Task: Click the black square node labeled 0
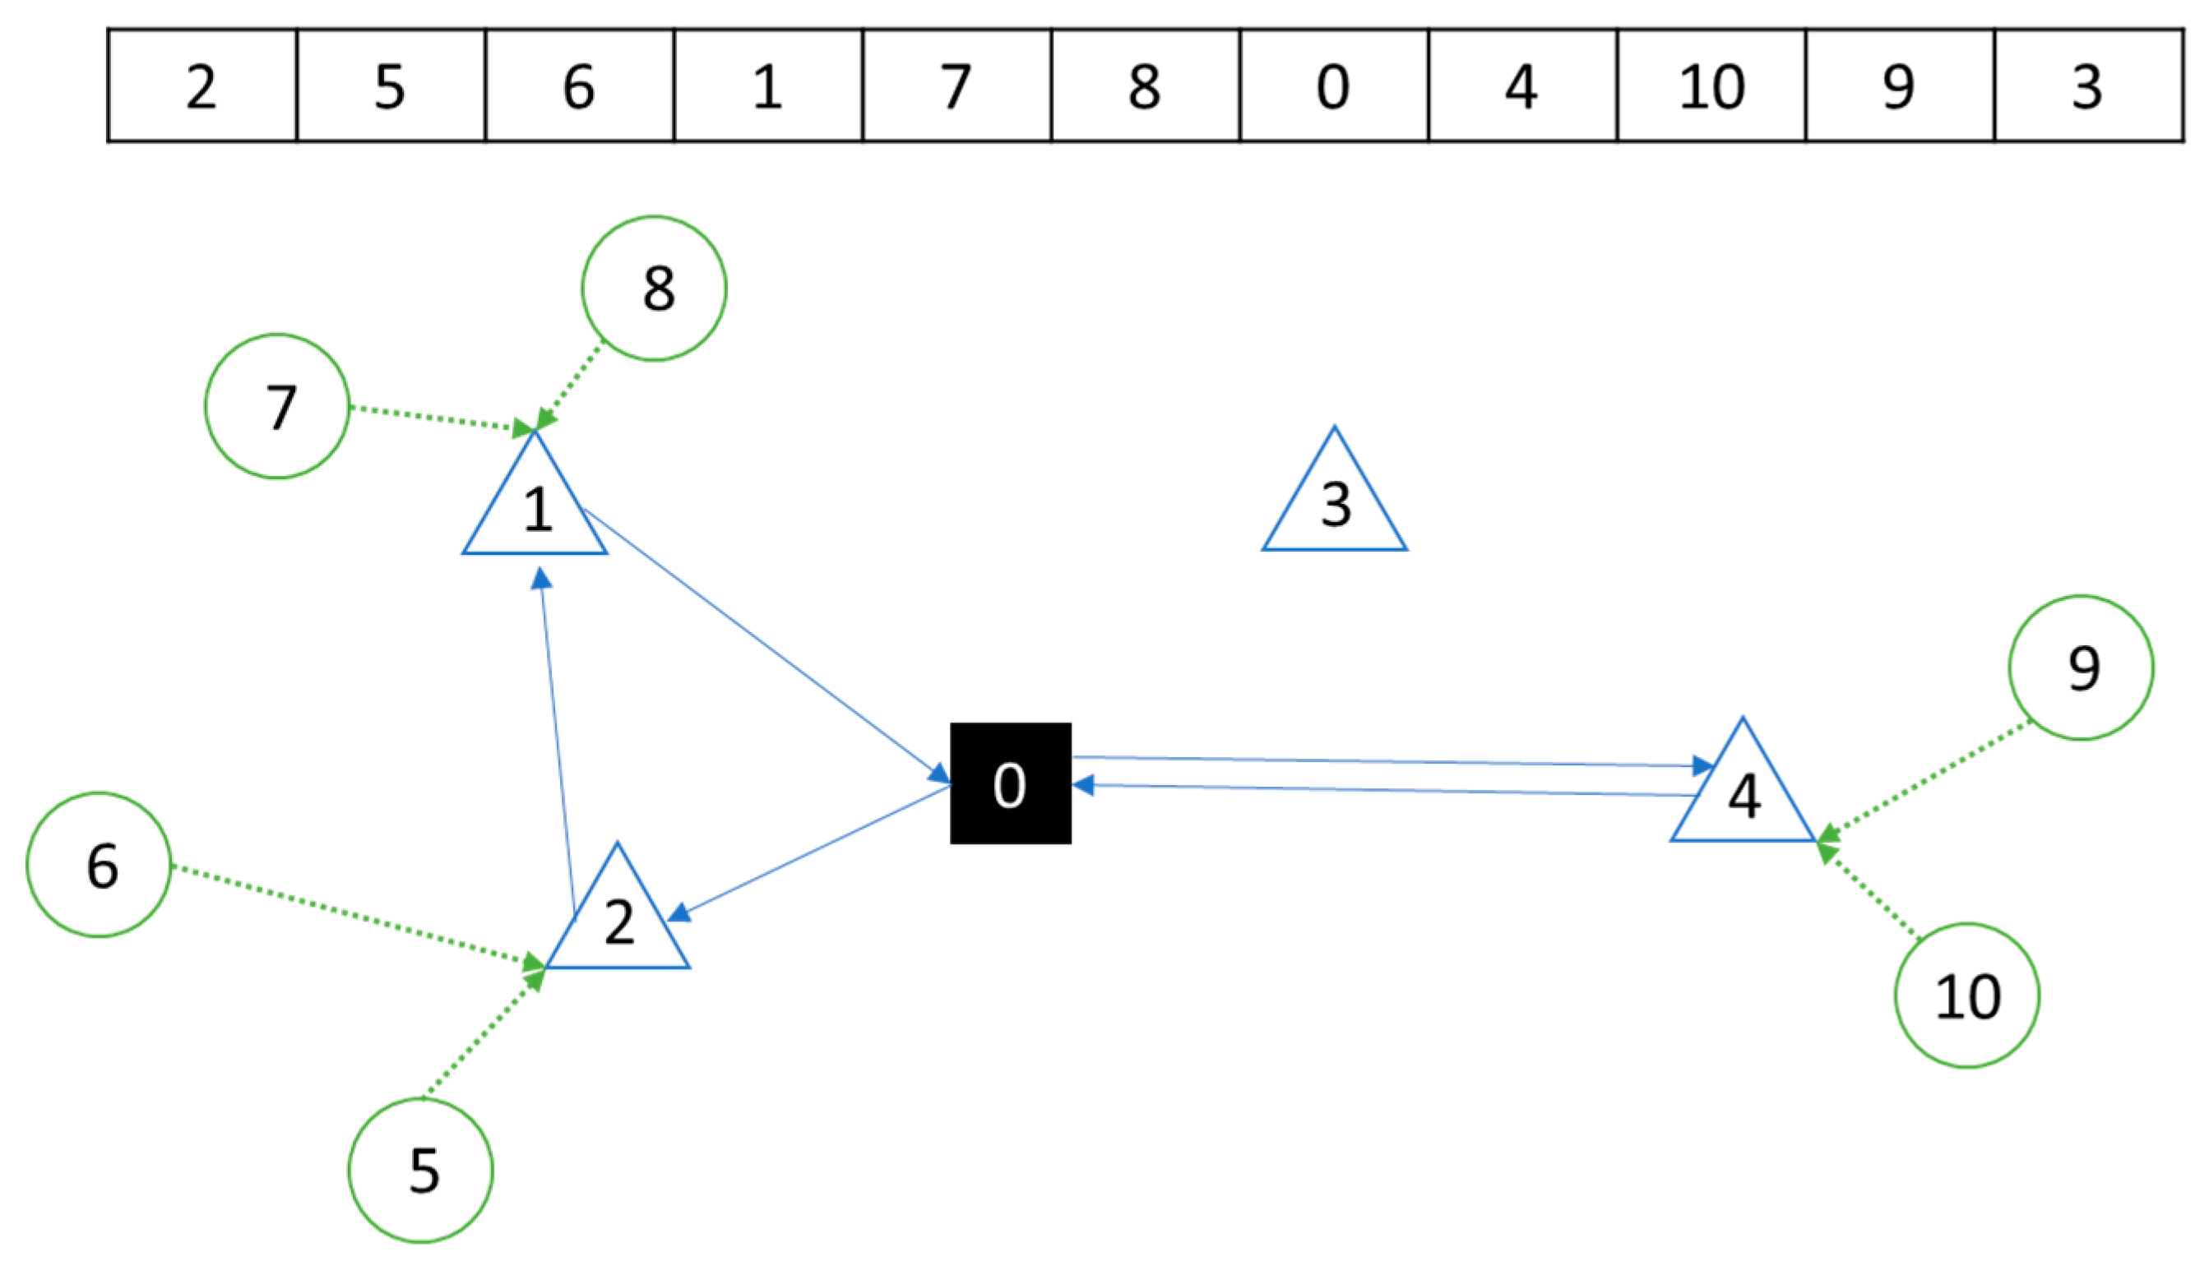click(1010, 783)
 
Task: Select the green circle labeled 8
click(654, 288)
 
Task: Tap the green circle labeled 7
click(277, 406)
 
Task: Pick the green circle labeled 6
click(99, 865)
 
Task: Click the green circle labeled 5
click(420, 1170)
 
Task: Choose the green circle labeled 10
click(1966, 996)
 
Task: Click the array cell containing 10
click(1711, 85)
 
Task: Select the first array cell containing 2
click(202, 85)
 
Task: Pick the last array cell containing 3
click(2088, 85)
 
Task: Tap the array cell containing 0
click(1333, 85)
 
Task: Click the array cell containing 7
click(956, 85)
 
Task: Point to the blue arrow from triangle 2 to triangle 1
click(557, 744)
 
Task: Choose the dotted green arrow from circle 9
click(1927, 778)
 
